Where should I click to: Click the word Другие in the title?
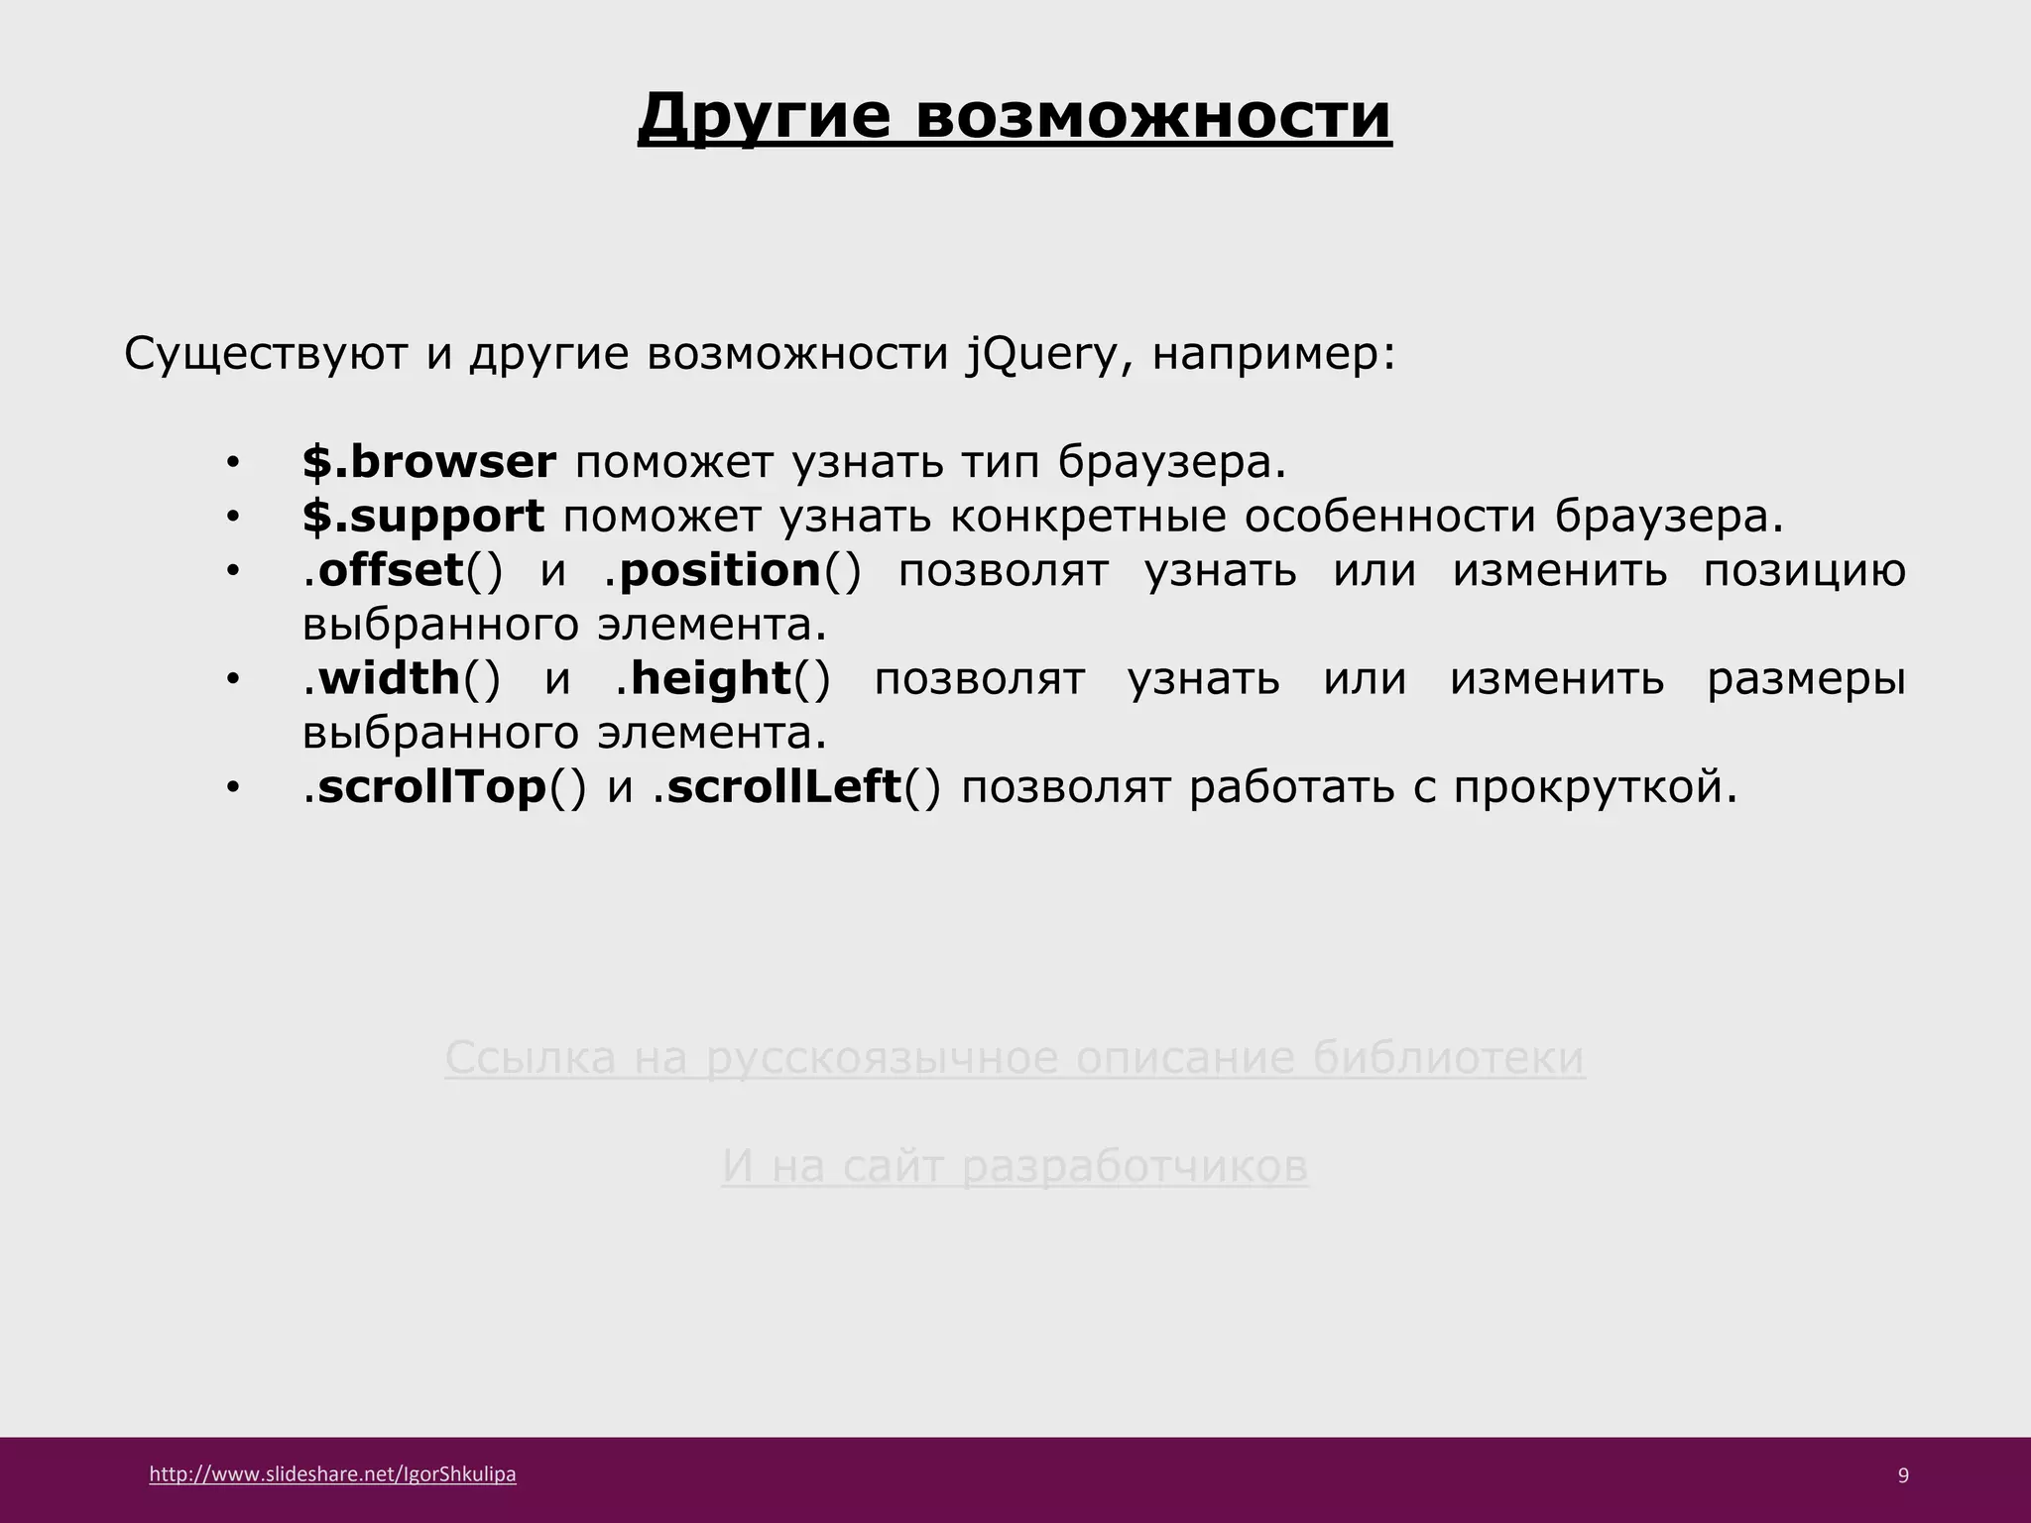pos(764,117)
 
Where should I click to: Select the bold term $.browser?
pos(429,462)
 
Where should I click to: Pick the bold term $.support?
pos(423,517)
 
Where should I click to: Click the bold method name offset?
pos(391,570)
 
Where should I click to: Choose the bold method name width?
pos(390,678)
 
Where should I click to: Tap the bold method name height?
pos(710,678)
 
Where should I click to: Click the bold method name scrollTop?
pos(432,786)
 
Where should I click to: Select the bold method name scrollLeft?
pos(783,786)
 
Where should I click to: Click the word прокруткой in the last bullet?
pos(1595,787)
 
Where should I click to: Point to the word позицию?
pos(1804,571)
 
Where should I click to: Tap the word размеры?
pos(1806,679)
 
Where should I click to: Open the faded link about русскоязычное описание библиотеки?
pos(1015,1058)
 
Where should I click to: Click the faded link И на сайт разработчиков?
pos(1015,1166)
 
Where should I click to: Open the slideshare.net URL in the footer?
pos(332,1474)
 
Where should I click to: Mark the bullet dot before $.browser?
pos(232,463)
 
